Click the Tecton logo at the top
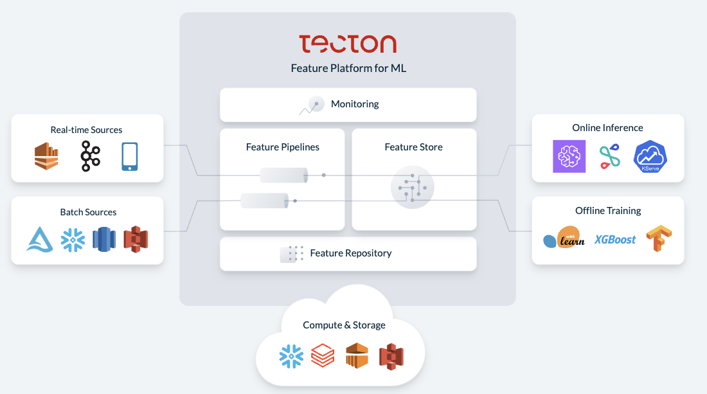pyautogui.click(x=348, y=43)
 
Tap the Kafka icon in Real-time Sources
pyautogui.click(x=90, y=156)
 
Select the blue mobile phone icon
pyautogui.click(x=129, y=157)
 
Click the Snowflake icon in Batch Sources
pyautogui.click(x=73, y=239)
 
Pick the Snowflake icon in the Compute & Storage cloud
pyautogui.click(x=292, y=356)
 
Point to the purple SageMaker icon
pyautogui.click(x=569, y=156)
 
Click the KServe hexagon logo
pyautogui.click(x=650, y=156)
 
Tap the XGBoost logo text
pyautogui.click(x=615, y=239)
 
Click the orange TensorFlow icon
pyautogui.click(x=658, y=238)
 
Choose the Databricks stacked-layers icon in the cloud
pyautogui.click(x=323, y=355)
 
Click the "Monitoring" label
pyautogui.click(x=355, y=104)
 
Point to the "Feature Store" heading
pyautogui.click(x=413, y=147)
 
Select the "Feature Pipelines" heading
pyautogui.click(x=282, y=147)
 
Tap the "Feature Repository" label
pyautogui.click(x=350, y=253)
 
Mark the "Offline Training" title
pyautogui.click(x=608, y=211)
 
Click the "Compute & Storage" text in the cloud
pyautogui.click(x=345, y=325)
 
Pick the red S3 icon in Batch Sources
pyautogui.click(x=136, y=238)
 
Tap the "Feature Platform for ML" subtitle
pyautogui.click(x=348, y=68)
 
